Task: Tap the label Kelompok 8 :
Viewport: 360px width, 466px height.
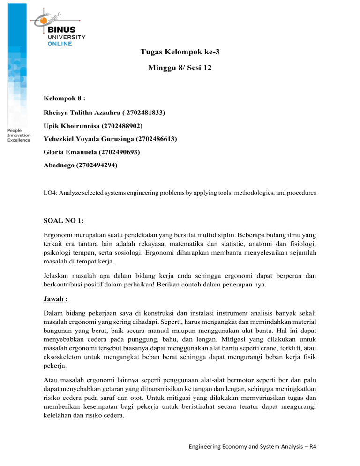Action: (60, 99)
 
